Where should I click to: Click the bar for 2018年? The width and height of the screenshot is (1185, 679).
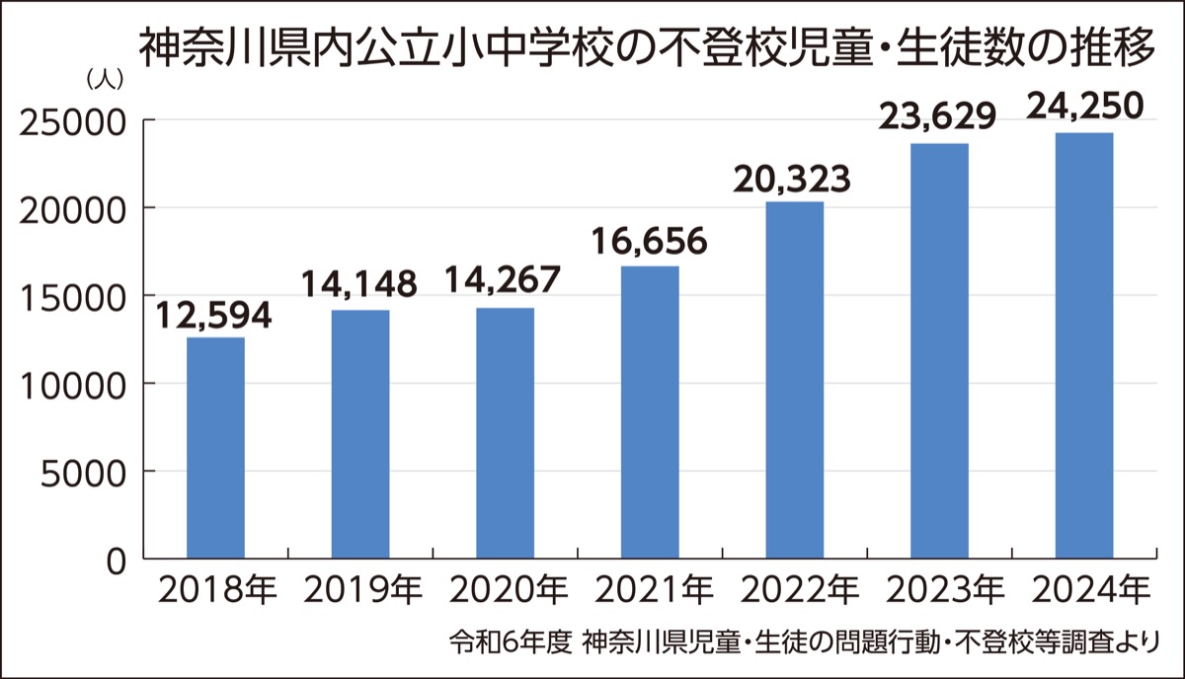[215, 448]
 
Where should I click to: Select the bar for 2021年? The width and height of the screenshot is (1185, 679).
[650, 413]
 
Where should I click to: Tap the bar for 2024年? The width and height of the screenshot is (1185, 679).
[1084, 345]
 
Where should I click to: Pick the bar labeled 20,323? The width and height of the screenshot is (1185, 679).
[794, 380]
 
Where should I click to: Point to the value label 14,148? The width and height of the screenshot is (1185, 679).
[359, 286]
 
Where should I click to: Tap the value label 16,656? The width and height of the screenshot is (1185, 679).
[649, 241]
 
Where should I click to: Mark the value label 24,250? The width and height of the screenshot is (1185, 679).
[1084, 106]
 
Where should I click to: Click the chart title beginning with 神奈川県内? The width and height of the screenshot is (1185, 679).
[646, 47]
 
